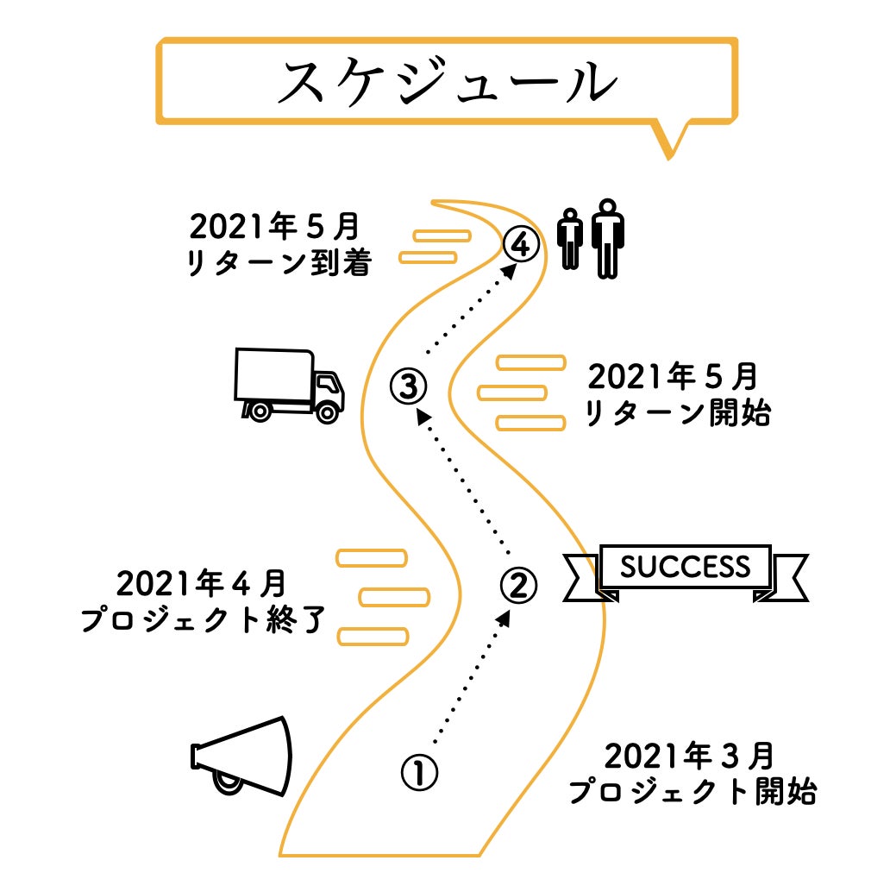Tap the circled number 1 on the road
tap(420, 771)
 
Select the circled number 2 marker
tap(518, 585)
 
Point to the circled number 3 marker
tap(408, 385)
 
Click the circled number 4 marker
tap(522, 244)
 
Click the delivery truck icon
tap(289, 385)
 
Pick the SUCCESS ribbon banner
tap(686, 569)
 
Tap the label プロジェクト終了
tap(203, 620)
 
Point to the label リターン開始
tap(677, 415)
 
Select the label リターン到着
tap(279, 263)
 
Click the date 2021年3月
tap(688, 757)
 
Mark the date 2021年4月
tap(201, 584)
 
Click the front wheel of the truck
tap(327, 411)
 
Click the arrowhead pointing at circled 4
tap(511, 269)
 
